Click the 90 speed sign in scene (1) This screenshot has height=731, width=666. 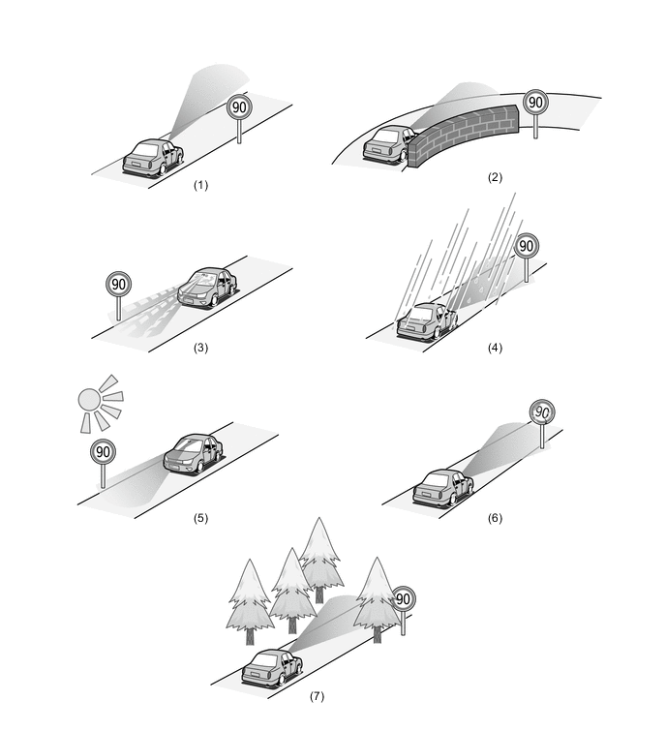point(239,107)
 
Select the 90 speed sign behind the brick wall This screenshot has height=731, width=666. point(535,103)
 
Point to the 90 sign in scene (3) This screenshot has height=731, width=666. point(118,285)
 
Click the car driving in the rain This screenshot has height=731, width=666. point(427,320)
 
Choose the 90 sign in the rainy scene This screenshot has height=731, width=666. point(527,246)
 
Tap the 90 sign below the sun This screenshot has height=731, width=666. point(103,451)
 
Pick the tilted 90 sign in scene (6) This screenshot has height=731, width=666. point(543,411)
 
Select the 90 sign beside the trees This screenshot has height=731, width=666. point(403,599)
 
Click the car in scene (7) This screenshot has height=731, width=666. point(271,666)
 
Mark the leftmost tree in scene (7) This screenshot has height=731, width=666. point(250,595)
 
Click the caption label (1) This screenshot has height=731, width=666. point(201,184)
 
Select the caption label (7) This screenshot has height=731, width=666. point(317,696)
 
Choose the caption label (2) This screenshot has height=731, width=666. point(496,177)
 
